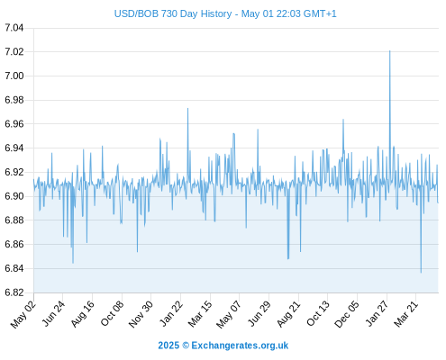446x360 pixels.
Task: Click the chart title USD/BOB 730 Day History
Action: [x=173, y=13]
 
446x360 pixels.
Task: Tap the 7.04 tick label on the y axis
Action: [x=14, y=28]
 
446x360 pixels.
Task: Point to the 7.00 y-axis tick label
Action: [x=14, y=76]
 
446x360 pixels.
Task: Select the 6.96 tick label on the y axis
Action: [x=14, y=124]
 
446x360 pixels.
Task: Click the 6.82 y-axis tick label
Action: [x=14, y=292]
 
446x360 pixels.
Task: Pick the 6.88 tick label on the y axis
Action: [x=14, y=220]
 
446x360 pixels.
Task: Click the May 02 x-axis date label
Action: [x=23, y=314]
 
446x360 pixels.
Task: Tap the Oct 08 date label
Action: [x=112, y=313]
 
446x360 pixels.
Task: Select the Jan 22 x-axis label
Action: [x=171, y=314]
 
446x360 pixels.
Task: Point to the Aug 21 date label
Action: [x=289, y=314]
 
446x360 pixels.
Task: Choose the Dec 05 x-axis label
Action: [x=347, y=314]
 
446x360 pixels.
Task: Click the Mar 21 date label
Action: [x=406, y=314]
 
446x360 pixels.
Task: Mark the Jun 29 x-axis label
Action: [x=259, y=314]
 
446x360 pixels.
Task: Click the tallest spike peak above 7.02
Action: [x=390, y=51]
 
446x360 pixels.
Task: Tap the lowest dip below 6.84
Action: [x=421, y=273]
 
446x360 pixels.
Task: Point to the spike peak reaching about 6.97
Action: [x=188, y=108]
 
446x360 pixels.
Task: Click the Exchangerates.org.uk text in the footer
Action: [x=240, y=346]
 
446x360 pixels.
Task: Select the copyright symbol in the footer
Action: [x=186, y=346]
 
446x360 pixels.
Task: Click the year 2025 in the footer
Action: [x=168, y=346]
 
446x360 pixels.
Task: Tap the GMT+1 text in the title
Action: [x=320, y=13]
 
